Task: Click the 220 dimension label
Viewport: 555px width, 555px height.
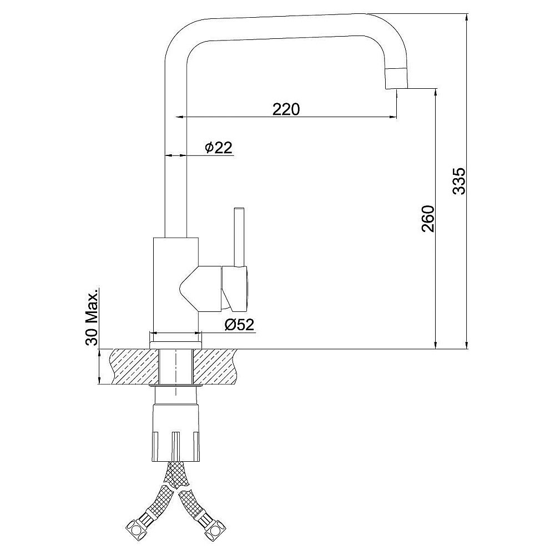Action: [286, 109]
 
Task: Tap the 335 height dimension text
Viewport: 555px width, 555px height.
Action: [460, 181]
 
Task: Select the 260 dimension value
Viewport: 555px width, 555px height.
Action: [427, 218]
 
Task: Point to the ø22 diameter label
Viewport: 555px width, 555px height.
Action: [219, 148]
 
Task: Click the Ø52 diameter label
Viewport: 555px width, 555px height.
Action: [239, 324]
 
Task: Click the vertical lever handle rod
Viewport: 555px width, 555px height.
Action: [239, 236]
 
